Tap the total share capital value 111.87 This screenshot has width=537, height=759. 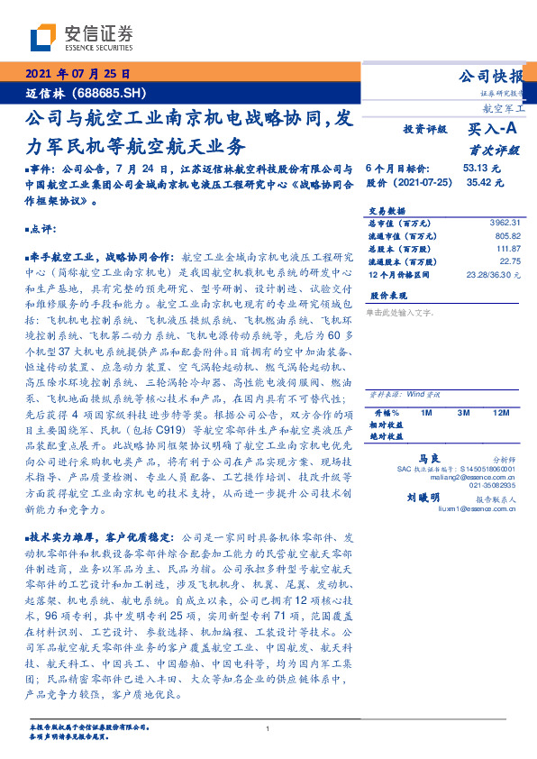506,248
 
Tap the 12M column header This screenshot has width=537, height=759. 502,412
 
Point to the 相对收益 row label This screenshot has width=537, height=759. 384,424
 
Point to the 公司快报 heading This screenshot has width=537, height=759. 491,76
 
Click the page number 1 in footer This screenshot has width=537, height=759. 268,728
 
